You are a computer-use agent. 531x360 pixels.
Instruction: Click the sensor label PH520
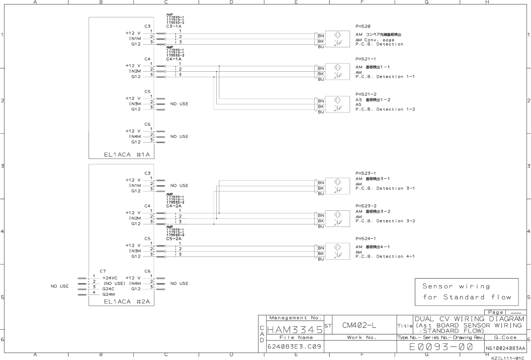(x=363, y=26)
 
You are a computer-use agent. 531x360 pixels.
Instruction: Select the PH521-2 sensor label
(x=366, y=94)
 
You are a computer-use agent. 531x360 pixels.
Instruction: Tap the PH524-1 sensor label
(x=366, y=239)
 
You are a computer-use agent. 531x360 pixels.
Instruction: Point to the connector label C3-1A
(x=174, y=26)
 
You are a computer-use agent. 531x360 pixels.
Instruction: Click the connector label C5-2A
(x=174, y=239)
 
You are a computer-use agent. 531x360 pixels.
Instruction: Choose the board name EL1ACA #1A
(x=127, y=154)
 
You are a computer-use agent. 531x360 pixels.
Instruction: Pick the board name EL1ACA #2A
(x=127, y=302)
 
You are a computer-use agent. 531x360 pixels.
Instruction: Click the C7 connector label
(x=103, y=271)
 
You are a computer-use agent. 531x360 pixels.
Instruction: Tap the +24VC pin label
(x=110, y=278)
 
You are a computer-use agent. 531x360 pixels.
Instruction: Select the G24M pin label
(x=108, y=294)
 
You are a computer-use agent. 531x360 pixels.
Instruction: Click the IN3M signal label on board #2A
(x=135, y=251)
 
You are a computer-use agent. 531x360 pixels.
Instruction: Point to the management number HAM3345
(x=295, y=329)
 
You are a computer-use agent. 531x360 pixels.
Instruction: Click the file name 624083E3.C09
(x=294, y=347)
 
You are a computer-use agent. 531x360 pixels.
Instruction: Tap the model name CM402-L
(x=359, y=325)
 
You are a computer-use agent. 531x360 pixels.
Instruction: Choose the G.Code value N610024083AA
(x=505, y=348)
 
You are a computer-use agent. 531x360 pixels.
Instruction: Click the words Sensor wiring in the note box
(x=456, y=286)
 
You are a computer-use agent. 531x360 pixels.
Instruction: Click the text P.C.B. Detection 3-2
(x=385, y=221)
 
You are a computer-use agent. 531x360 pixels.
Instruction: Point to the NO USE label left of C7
(x=59, y=286)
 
